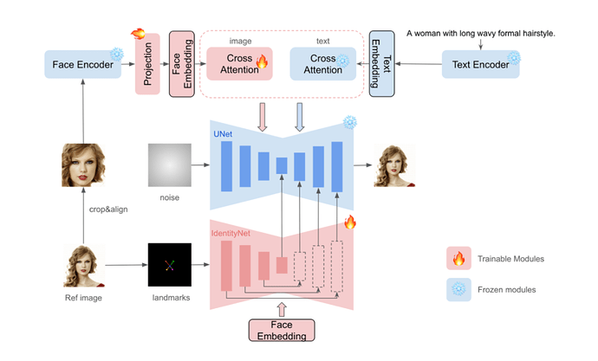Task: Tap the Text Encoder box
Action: (x=479, y=65)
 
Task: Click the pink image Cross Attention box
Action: (x=239, y=64)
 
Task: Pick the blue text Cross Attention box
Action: (x=321, y=64)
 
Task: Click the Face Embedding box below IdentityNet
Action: (x=281, y=330)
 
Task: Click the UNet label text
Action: (x=224, y=135)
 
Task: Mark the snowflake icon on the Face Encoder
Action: (x=117, y=54)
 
